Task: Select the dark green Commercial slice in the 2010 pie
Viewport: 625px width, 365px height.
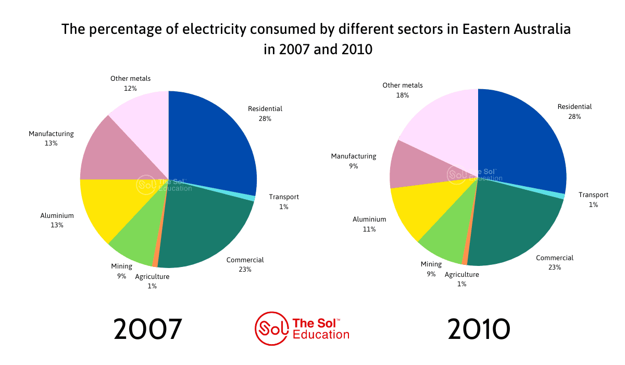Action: [x=516, y=226]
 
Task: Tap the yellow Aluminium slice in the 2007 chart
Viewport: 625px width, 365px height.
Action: [x=117, y=206]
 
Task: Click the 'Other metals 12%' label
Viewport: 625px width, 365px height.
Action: [x=130, y=83]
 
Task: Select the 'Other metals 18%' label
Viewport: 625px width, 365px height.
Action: [x=402, y=90]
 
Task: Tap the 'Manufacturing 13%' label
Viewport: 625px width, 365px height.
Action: [x=51, y=138]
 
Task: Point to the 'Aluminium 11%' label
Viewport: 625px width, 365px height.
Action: [x=369, y=224]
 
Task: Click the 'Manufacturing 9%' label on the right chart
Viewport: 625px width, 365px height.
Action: [x=354, y=161]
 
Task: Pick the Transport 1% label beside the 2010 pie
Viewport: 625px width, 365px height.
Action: [x=593, y=200]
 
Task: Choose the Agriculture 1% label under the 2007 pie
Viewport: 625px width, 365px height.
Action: [x=152, y=281]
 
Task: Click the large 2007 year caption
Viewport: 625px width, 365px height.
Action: [x=148, y=329]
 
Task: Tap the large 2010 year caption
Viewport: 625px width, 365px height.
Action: [x=479, y=329]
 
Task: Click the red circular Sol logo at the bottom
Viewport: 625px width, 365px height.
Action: [x=271, y=328]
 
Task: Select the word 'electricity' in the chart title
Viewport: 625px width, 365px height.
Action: [x=214, y=30]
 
